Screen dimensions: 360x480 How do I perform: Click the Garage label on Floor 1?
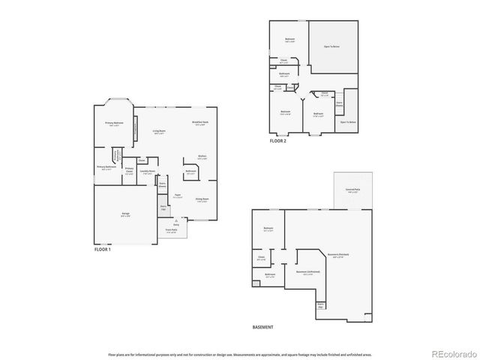(x=125, y=214)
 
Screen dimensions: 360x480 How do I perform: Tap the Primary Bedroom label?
(x=115, y=124)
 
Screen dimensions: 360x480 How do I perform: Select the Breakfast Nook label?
(x=200, y=123)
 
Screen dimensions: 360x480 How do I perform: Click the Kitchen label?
(x=202, y=158)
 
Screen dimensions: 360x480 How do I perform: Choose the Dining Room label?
(x=202, y=199)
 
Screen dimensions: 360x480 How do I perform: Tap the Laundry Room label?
(x=148, y=172)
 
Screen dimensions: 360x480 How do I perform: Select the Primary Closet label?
(x=129, y=169)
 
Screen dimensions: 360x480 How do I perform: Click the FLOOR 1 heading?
(x=102, y=249)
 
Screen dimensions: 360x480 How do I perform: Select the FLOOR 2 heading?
(x=278, y=139)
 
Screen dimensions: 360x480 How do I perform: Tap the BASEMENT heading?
(x=262, y=327)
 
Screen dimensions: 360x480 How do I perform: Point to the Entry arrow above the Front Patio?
(x=175, y=220)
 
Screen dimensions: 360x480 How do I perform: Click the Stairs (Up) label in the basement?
(x=320, y=304)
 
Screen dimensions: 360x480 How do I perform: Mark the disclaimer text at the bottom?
(x=239, y=353)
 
